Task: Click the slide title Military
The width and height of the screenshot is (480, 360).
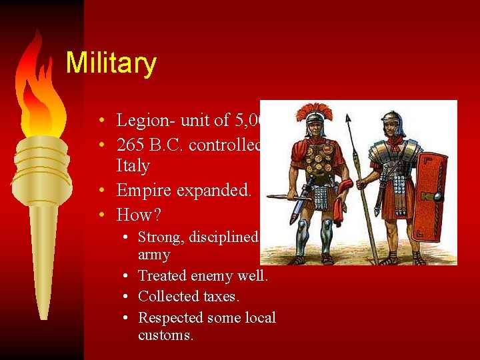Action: [111, 63]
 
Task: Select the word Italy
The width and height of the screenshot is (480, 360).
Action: [133, 166]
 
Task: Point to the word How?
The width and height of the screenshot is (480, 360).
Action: [139, 215]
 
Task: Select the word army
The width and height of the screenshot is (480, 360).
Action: [154, 255]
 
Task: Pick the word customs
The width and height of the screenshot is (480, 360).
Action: [166, 335]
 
